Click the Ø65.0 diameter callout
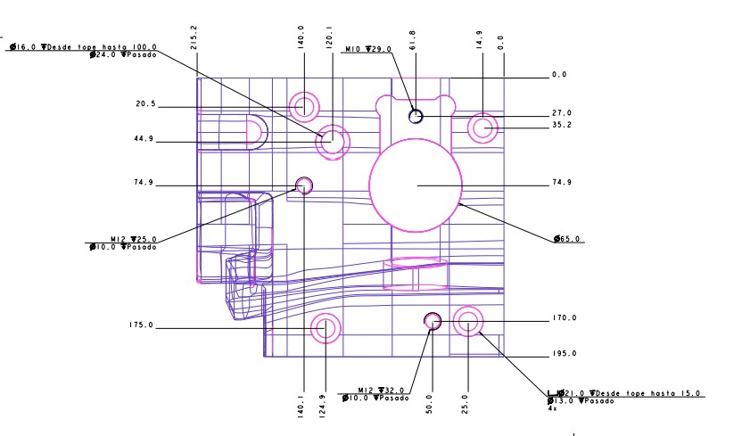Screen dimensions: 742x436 (566, 239)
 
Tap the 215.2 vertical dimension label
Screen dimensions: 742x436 (193, 37)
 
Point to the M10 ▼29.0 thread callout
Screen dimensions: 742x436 (368, 49)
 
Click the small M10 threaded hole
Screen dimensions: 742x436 (416, 116)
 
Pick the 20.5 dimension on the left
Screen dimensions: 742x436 (145, 103)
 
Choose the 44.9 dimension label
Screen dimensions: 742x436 (144, 138)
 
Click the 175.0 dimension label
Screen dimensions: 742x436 (141, 325)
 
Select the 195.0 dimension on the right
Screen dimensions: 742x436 (564, 353)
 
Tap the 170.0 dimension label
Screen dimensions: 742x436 (564, 317)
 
